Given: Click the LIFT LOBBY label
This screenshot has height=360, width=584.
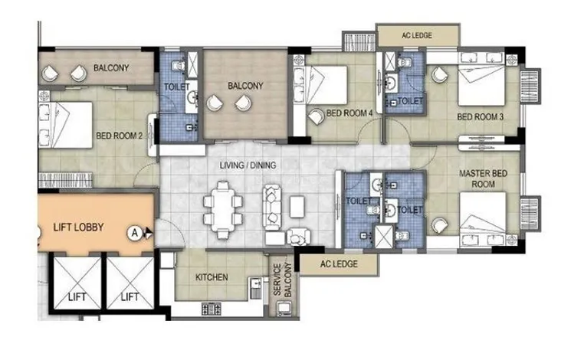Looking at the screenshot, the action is (x=78, y=227).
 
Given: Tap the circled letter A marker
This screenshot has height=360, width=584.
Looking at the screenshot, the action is (x=134, y=233).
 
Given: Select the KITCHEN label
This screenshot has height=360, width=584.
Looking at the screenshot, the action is (x=212, y=277).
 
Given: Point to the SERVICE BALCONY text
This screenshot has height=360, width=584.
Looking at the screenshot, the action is (x=282, y=280).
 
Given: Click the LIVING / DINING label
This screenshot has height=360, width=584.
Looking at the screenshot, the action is (x=248, y=165).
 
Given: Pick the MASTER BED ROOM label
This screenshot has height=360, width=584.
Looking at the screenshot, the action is (x=483, y=178).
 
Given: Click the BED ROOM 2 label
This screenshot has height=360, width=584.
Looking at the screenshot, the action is (x=120, y=136).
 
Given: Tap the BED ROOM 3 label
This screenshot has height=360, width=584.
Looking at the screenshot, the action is (x=480, y=117).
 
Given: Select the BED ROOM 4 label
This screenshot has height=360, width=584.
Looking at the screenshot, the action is (x=349, y=113).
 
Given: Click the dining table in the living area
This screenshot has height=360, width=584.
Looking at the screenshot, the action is (x=223, y=210).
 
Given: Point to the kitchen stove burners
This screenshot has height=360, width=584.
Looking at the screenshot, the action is (x=211, y=309).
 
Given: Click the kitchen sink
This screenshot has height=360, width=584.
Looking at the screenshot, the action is (x=255, y=287).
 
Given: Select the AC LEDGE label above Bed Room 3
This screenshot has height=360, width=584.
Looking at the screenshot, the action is (x=417, y=35).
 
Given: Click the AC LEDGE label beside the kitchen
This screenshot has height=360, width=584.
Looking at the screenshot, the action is (x=339, y=264).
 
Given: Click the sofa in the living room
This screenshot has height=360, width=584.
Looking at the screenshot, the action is (x=271, y=207).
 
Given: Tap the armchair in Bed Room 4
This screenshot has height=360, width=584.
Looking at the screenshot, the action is (x=316, y=117).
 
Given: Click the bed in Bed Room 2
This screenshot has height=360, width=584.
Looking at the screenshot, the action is (x=65, y=125).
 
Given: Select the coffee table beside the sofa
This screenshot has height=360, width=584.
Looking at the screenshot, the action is (x=297, y=207).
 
